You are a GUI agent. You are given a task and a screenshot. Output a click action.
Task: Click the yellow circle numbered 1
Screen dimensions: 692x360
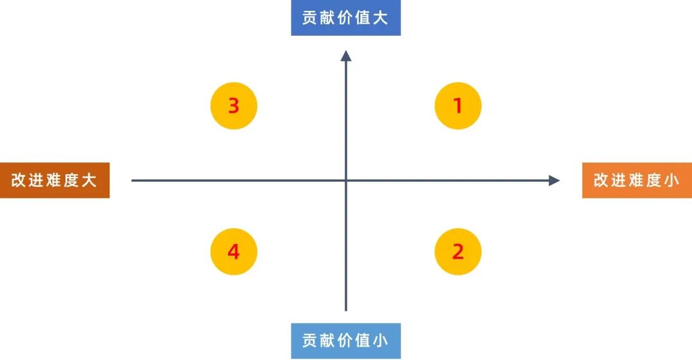tap(457, 106)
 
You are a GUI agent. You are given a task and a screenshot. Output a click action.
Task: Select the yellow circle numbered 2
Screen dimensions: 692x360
tap(457, 252)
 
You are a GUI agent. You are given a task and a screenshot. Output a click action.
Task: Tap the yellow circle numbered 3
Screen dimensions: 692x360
tap(234, 106)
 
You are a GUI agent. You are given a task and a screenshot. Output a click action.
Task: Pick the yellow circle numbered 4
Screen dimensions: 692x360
tap(234, 252)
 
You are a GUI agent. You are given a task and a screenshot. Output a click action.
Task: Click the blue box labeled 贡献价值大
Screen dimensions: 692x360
tap(345, 18)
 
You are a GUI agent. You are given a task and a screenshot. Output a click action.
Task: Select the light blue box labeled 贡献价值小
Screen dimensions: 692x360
tap(345, 340)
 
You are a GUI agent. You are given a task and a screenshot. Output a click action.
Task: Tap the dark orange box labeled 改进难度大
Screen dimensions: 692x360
tap(54, 180)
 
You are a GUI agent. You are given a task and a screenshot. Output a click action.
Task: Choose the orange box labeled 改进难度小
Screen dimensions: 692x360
tap(637, 180)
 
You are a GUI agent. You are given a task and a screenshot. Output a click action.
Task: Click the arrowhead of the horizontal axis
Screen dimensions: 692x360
tap(555, 181)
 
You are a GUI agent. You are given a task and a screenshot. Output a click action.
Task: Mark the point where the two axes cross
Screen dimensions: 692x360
tap(346, 181)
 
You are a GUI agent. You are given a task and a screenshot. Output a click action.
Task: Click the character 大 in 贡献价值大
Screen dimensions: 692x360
tap(381, 18)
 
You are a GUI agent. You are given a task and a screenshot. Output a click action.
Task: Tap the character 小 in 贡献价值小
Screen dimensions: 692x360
tap(381, 340)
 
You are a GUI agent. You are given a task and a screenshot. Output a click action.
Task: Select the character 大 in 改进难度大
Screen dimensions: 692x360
tap(89, 180)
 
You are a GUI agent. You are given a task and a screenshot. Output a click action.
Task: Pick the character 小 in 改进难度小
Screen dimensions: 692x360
tap(671, 180)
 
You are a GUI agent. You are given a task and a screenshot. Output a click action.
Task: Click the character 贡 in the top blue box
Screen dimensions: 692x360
tap(310, 18)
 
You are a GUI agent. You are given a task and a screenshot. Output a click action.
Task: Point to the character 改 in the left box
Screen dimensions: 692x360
tap(19, 180)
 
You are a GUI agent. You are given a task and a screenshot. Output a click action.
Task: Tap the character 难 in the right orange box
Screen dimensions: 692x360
tap(636, 180)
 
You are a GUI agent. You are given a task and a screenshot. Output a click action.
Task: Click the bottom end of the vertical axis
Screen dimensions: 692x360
tap(346, 310)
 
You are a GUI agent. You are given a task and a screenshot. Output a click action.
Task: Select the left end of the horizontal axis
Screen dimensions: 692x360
tap(133, 181)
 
